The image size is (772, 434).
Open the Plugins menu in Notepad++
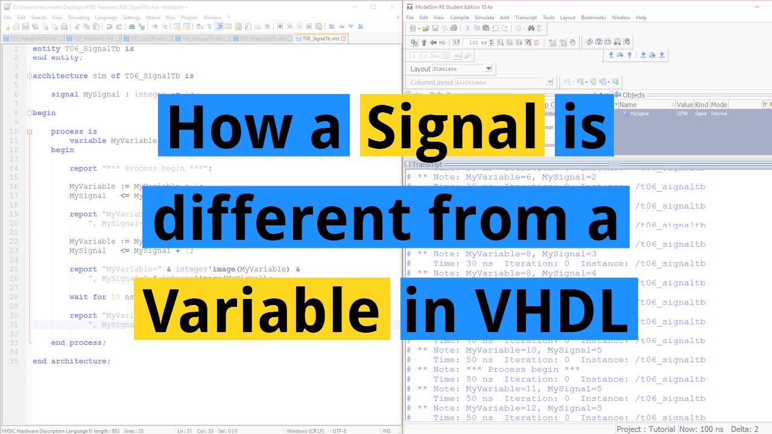[x=189, y=17]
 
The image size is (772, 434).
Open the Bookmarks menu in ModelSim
[x=593, y=17]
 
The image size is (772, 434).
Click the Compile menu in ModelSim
[x=459, y=17]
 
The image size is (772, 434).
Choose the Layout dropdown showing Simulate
[x=462, y=69]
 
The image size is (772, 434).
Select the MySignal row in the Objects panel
[x=639, y=113]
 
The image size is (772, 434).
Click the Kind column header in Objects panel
[x=701, y=104]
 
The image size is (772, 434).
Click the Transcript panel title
[x=426, y=165]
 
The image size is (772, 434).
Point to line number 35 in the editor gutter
[x=15, y=361]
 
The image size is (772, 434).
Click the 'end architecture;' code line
[x=71, y=361]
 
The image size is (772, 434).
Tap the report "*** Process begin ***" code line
[x=141, y=168]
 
